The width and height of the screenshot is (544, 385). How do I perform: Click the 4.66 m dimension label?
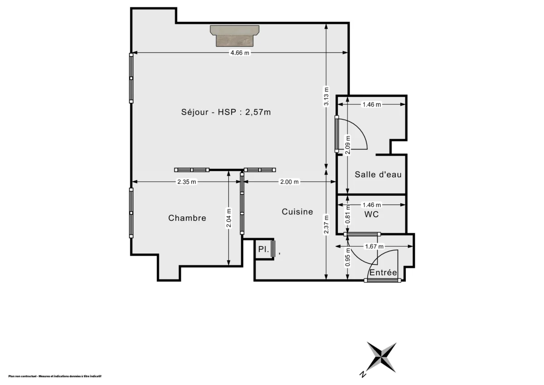point(240,53)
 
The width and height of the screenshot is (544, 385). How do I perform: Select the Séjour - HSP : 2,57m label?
point(226,112)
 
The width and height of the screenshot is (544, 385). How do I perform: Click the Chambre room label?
point(187,218)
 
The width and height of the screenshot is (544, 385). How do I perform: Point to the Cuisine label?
point(297,212)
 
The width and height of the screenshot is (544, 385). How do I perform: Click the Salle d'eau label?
point(378,175)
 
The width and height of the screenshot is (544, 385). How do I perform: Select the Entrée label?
point(383,273)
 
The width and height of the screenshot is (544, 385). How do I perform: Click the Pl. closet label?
point(262,249)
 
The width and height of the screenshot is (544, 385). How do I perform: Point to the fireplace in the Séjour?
point(234,36)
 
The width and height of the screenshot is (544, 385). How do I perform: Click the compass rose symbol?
point(380,357)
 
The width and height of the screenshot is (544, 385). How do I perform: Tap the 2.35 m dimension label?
point(187,182)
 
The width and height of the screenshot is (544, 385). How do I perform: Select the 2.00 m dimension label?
point(289,182)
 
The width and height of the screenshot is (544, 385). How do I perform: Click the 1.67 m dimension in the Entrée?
point(374,247)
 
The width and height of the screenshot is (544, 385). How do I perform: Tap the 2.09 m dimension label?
point(347,145)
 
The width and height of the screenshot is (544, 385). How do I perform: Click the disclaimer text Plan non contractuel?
point(54,376)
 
